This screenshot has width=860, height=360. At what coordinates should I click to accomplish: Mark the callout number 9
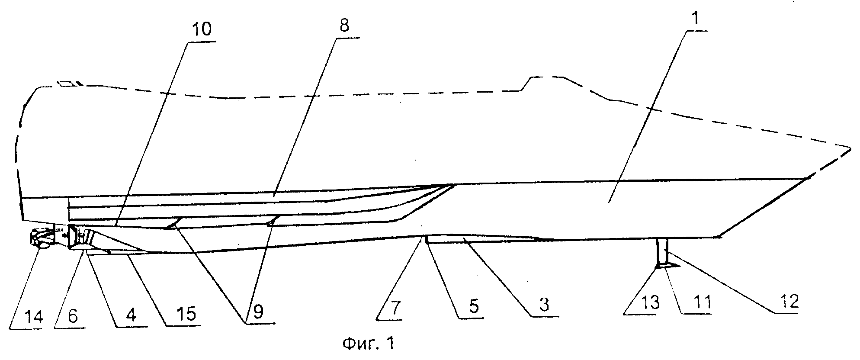click(x=258, y=312)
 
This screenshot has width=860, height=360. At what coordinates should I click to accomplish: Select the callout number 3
click(x=544, y=305)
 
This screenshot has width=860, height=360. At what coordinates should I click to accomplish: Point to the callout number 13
click(x=650, y=302)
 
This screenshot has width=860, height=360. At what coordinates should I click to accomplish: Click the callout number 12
click(x=789, y=301)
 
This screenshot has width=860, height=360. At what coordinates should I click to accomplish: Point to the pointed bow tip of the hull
click(x=850, y=149)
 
